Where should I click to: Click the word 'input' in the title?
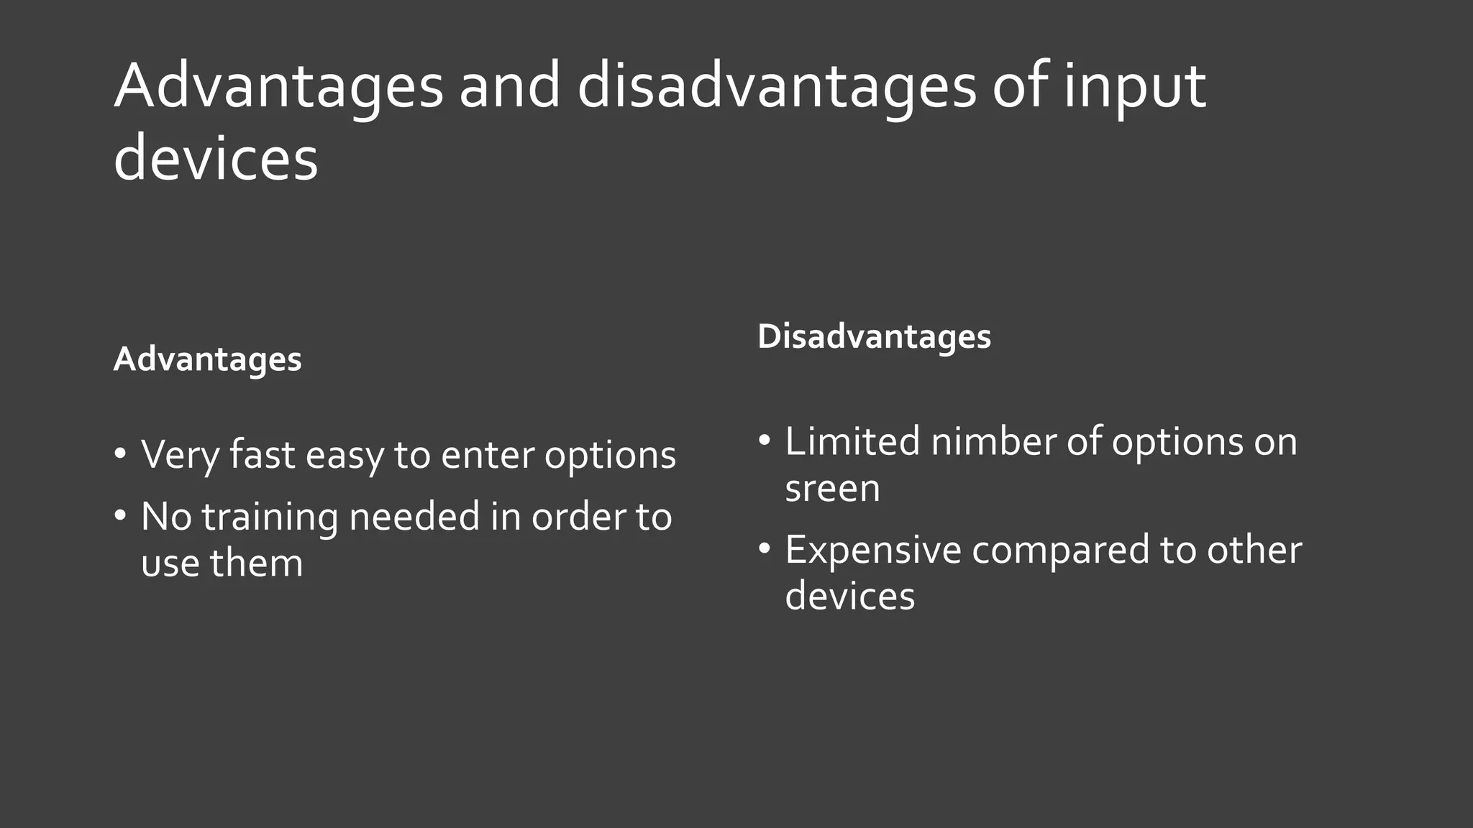click(x=1134, y=88)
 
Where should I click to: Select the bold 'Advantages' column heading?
click(x=207, y=359)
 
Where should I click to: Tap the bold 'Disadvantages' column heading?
click(x=874, y=336)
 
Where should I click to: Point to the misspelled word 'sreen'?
click(x=832, y=489)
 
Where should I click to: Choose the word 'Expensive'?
click(x=872, y=551)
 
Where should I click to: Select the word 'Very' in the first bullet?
click(x=179, y=456)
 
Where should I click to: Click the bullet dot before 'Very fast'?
click(x=120, y=454)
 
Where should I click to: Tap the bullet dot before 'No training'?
click(x=120, y=515)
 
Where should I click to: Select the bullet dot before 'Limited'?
click(x=765, y=440)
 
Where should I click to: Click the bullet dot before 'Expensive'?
click(x=765, y=549)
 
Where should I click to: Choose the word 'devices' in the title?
click(x=216, y=159)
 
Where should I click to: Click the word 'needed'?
click(x=414, y=517)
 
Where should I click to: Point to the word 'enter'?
click(x=487, y=456)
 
